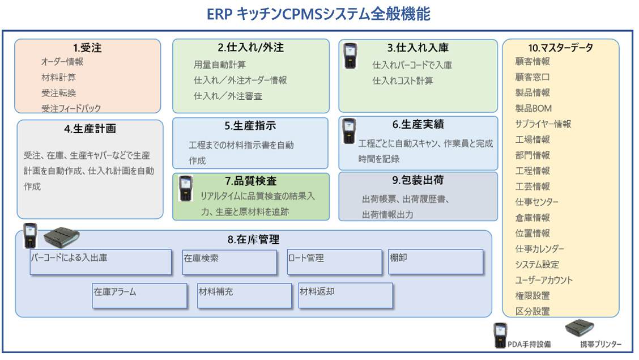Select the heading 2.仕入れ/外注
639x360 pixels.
(x=250, y=48)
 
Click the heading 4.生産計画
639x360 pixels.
(x=90, y=129)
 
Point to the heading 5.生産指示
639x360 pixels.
(x=250, y=125)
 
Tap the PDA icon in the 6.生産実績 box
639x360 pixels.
(x=350, y=130)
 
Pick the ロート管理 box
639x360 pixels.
(x=334, y=262)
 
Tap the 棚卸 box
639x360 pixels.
(x=435, y=261)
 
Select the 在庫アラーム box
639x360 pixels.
(x=140, y=295)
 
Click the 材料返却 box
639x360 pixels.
(x=345, y=295)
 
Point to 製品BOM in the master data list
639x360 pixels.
(x=533, y=108)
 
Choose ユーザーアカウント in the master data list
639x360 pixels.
(x=544, y=280)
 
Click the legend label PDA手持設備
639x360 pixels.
(x=530, y=344)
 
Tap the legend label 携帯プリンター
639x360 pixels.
(x=600, y=344)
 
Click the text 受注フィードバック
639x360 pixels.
(x=71, y=108)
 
